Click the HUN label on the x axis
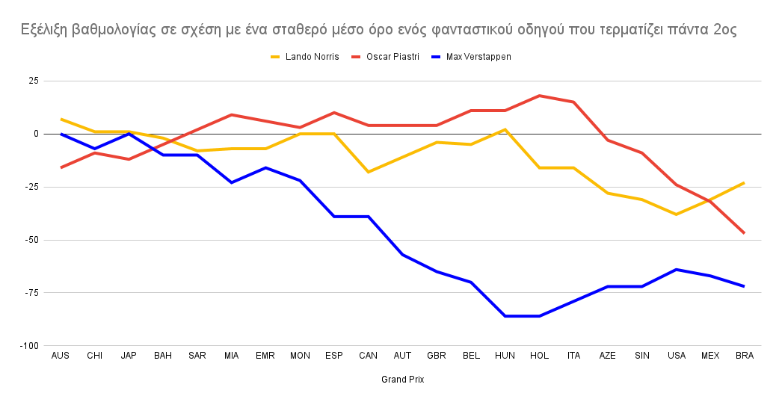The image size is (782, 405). pos(505,356)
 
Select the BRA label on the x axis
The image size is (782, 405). pos(744,356)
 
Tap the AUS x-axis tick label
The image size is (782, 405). pos(61,356)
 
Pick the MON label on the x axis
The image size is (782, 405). pos(300,356)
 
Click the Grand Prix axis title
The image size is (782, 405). pos(402,380)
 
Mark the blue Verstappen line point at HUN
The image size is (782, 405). pos(505,316)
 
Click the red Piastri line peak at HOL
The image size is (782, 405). pos(539,96)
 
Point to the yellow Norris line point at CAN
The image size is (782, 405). pos(368,172)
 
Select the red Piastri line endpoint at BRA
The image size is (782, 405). pos(744,233)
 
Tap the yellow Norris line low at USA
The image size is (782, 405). pos(676,214)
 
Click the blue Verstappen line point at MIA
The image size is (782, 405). pos(232,182)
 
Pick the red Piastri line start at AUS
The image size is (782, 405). pos(61,167)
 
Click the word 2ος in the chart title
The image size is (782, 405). pos(724,31)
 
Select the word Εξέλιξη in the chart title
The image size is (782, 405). pos(46,31)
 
